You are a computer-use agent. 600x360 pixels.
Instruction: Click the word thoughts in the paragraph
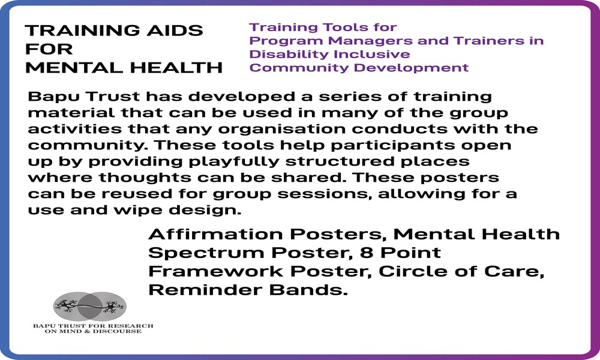click(x=145, y=178)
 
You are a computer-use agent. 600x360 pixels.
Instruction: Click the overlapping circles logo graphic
click(x=91, y=307)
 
